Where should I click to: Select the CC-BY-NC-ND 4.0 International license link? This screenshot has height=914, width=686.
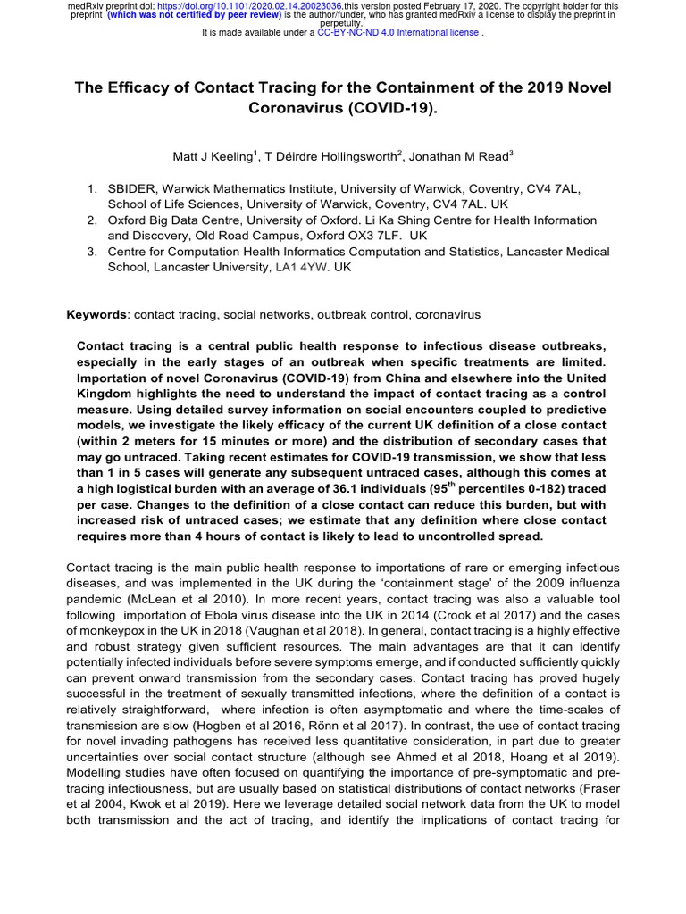point(398,32)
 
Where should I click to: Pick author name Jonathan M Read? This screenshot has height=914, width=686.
point(460,157)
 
